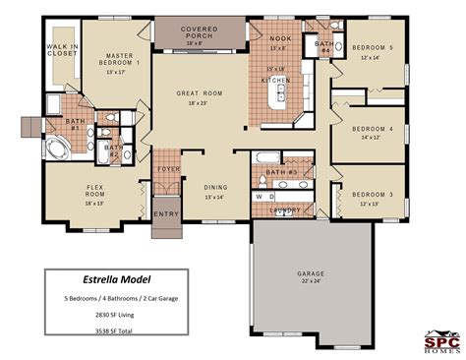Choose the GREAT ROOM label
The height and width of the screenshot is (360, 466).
click(x=199, y=94)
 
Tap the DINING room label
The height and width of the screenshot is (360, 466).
click(x=214, y=188)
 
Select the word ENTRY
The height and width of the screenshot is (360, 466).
click(x=166, y=213)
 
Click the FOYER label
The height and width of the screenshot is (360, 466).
click(x=169, y=168)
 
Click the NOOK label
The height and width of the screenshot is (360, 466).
click(x=278, y=38)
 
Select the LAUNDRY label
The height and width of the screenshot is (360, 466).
click(x=286, y=210)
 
